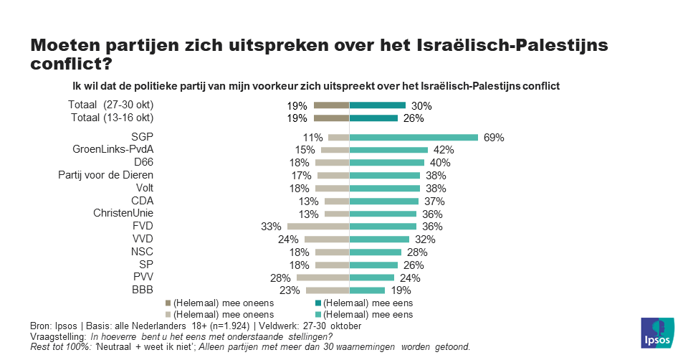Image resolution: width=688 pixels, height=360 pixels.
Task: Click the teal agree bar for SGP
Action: point(414,137)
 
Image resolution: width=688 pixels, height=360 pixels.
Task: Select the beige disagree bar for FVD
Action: point(318,227)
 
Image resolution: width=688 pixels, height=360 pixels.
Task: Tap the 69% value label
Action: point(494,138)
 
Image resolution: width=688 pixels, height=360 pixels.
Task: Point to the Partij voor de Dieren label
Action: point(106,175)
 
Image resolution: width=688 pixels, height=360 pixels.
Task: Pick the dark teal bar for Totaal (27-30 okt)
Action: point(378,105)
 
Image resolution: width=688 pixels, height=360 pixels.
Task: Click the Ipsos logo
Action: point(656,332)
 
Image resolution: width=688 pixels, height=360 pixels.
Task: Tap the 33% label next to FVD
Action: point(270,227)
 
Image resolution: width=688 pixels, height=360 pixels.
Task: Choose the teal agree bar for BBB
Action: point(367,290)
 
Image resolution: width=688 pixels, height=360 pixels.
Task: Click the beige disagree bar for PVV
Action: point(322,278)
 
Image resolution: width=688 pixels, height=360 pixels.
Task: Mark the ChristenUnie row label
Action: point(123,214)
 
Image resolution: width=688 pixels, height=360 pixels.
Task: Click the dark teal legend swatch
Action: point(318,303)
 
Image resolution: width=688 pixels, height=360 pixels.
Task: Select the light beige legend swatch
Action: point(168,314)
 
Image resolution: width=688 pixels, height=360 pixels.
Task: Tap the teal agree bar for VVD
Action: point(379,240)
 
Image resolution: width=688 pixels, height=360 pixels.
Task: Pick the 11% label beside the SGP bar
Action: point(313,138)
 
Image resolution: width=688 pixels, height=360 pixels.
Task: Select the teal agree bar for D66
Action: point(386,163)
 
